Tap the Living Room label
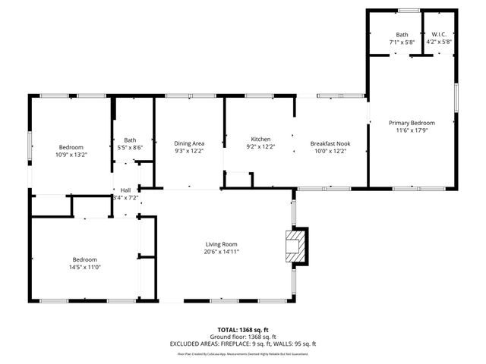click(222, 243)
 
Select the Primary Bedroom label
click(412, 123)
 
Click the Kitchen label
click(260, 140)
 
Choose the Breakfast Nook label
click(329, 143)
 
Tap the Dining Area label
click(189, 143)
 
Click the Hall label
click(125, 190)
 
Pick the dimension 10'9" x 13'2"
click(71, 154)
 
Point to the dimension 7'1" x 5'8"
click(402, 42)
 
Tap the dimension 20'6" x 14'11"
click(222, 252)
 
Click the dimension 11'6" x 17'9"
click(412, 130)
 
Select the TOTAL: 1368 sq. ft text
click(243, 331)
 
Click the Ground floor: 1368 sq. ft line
click(243, 337)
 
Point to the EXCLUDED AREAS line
click(243, 344)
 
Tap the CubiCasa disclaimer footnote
click(243, 353)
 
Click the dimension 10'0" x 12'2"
click(329, 151)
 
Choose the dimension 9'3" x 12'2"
click(189, 151)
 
